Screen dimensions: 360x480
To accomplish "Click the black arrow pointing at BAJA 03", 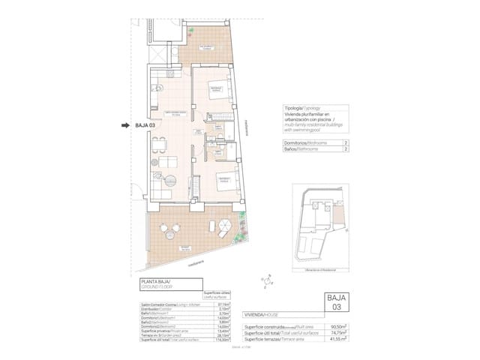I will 126,126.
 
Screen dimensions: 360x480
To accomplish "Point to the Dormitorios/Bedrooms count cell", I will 345,141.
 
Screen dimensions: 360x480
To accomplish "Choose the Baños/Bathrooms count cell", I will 345,148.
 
